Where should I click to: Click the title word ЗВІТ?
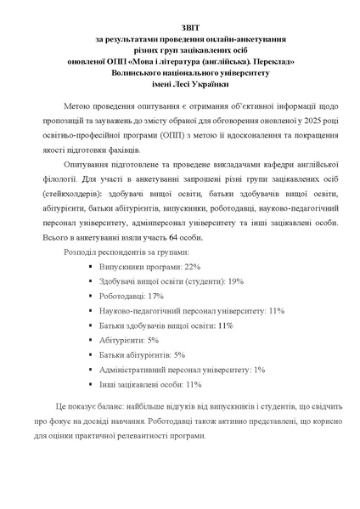tap(180, 27)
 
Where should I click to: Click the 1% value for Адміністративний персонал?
tap(260, 369)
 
